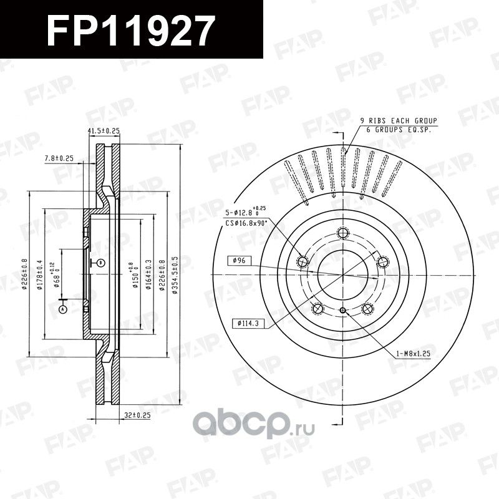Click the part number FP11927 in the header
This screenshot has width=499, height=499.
tap(132, 29)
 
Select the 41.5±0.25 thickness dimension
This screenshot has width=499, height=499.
tap(104, 131)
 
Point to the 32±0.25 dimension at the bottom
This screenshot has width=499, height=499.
tap(138, 413)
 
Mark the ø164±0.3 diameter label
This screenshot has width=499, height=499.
tap(148, 274)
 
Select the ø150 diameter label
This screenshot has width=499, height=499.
tap(133, 274)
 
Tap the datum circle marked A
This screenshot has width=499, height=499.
tap(62, 308)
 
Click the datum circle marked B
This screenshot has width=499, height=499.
tap(100, 263)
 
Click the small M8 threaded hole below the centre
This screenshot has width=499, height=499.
tap(342, 311)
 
